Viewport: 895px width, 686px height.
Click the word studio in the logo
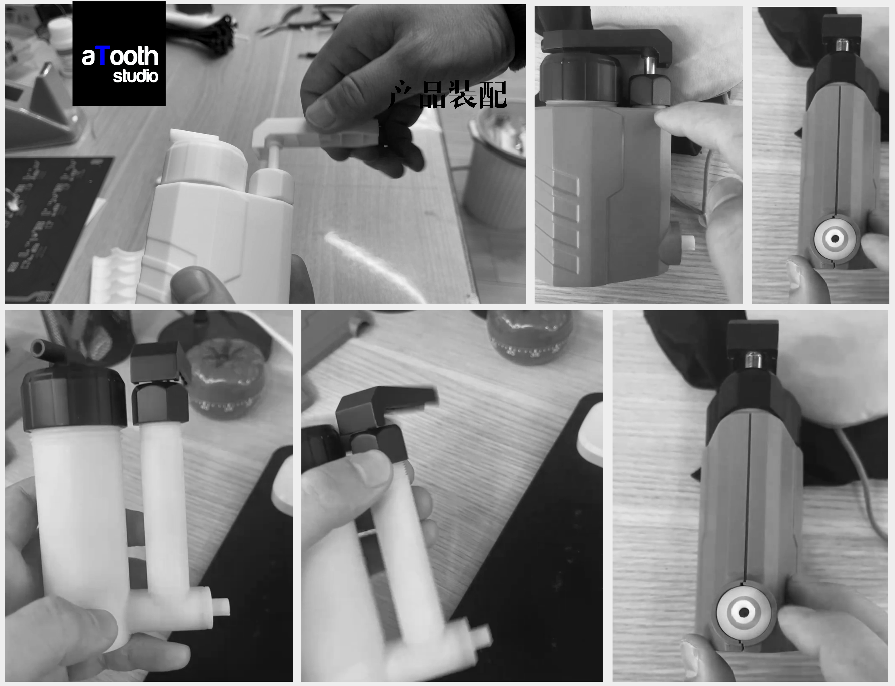coord(136,76)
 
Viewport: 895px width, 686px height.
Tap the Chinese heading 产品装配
coord(448,95)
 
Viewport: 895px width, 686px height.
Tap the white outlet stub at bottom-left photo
coord(220,607)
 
